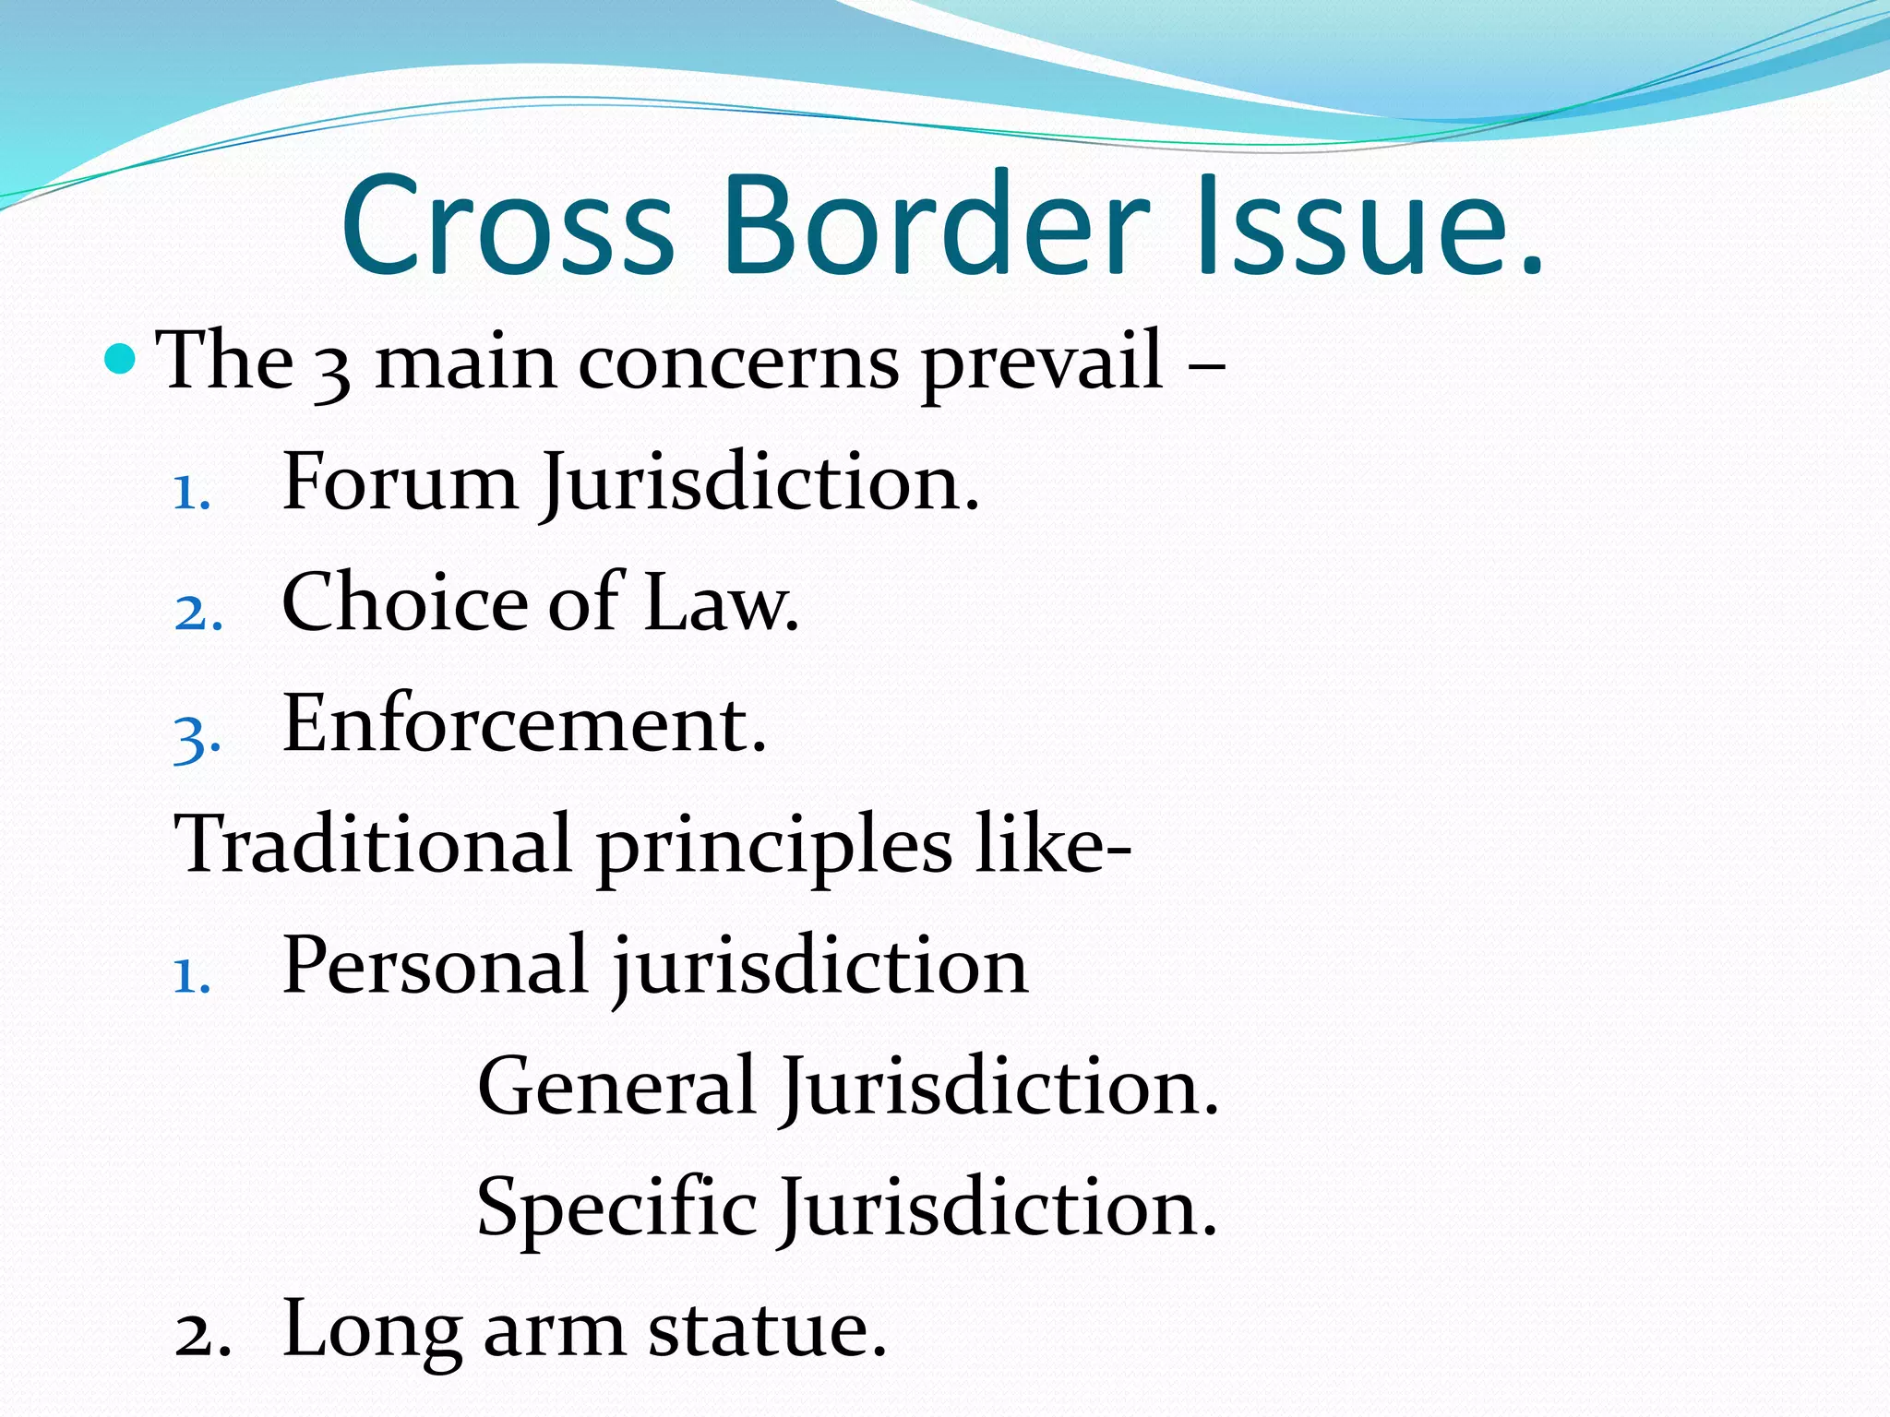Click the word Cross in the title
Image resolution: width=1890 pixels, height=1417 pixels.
click(x=508, y=226)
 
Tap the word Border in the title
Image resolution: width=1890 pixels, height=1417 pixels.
click(x=937, y=226)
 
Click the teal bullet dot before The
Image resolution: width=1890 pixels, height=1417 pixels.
click(x=120, y=358)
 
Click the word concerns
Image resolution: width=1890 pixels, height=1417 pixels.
click(x=738, y=363)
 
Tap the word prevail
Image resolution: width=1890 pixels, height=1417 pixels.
click(x=1042, y=363)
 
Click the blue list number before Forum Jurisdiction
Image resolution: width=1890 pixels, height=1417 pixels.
click(x=192, y=494)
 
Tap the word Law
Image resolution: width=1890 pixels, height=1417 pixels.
click(x=720, y=603)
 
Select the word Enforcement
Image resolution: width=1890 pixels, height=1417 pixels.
click(x=523, y=723)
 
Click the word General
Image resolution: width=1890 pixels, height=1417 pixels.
click(x=616, y=1086)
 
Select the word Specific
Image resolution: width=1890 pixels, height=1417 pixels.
click(x=616, y=1209)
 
